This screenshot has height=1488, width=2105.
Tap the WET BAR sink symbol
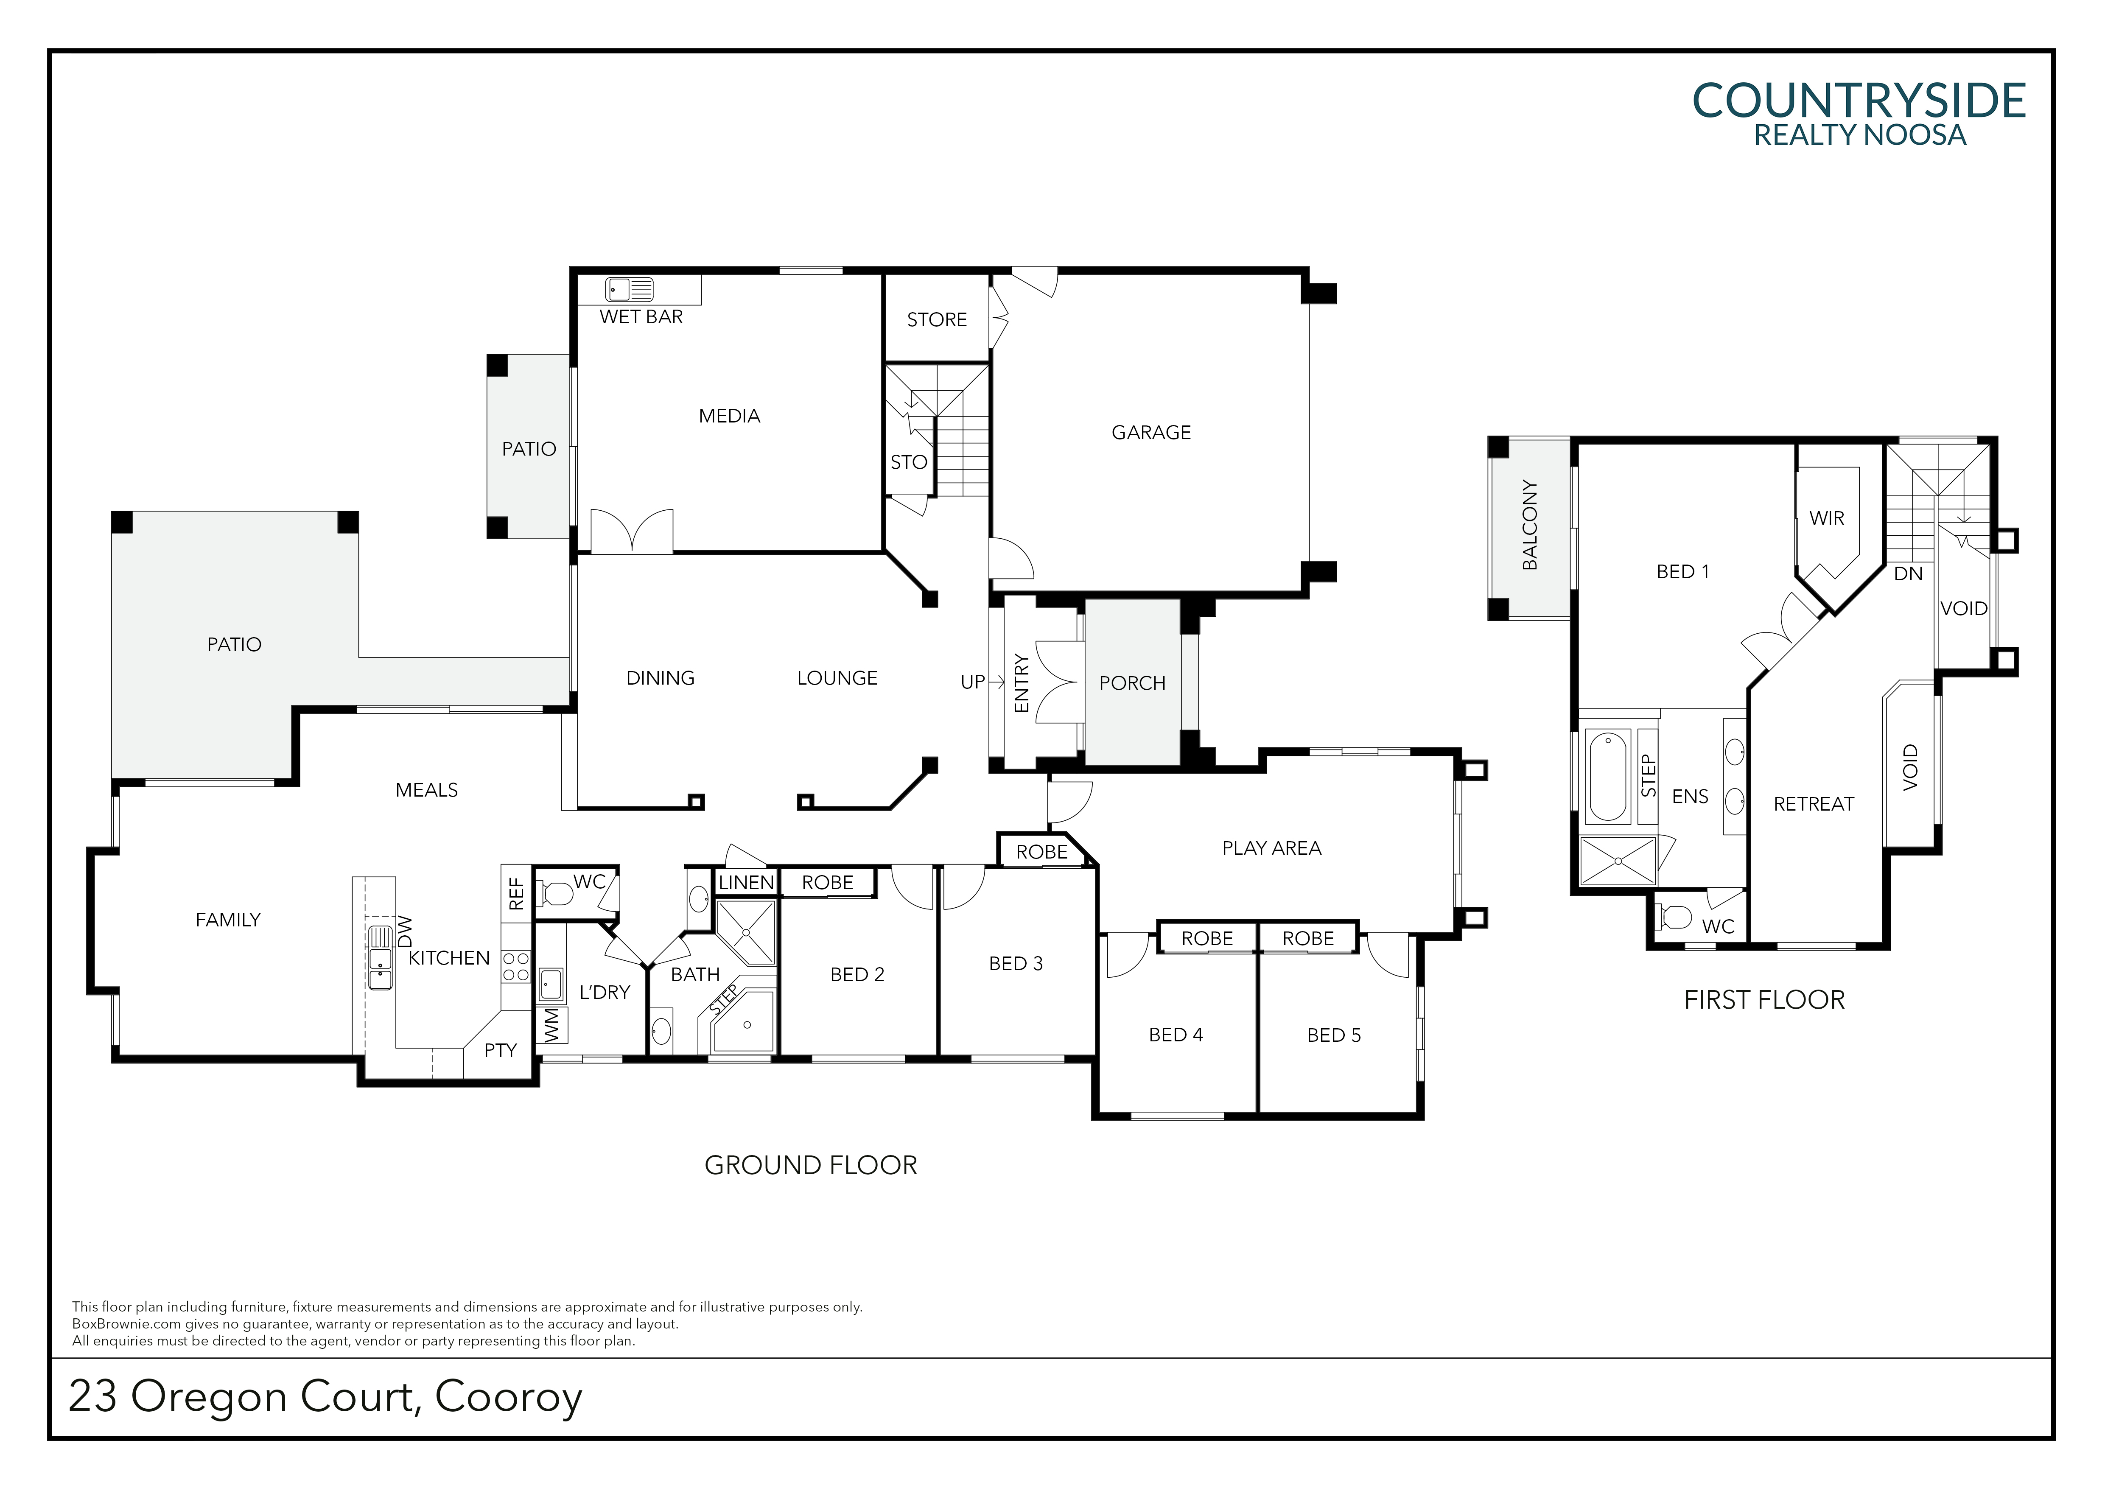click(x=629, y=290)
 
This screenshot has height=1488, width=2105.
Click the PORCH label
click(x=1132, y=683)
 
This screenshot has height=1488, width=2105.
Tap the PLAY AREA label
click(x=1272, y=848)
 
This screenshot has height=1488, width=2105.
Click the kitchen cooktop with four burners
click(x=516, y=967)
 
